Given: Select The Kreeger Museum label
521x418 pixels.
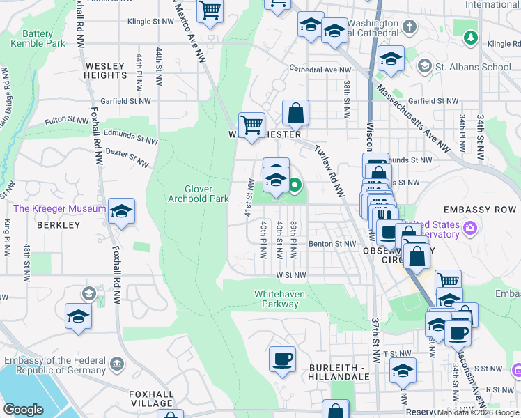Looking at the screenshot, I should coord(59,209).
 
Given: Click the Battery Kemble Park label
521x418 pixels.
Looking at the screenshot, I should coord(38,38).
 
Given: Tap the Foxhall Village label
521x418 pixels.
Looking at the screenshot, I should coord(151,398).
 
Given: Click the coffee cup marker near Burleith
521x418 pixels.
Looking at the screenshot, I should coord(282,359).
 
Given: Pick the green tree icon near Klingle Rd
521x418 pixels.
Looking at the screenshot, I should coord(472,36).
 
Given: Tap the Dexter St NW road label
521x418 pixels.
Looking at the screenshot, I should coord(126,157).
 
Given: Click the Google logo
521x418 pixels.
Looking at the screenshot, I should coord(24,410).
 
